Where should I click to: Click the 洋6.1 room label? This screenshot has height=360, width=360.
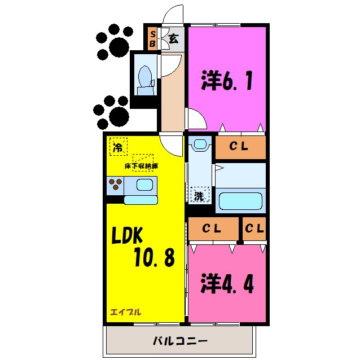point(226,81)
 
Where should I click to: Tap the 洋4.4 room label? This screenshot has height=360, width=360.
point(227,282)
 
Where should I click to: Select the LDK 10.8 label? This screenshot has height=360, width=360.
point(146,248)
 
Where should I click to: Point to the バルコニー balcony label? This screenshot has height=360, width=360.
point(180,342)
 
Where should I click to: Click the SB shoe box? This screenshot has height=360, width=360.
point(152,39)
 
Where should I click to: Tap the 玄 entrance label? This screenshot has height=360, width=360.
point(174,39)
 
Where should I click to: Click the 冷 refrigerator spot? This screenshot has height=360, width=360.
point(118,148)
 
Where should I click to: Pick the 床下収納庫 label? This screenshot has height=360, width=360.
point(141,167)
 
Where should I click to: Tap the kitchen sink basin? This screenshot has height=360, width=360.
point(145,185)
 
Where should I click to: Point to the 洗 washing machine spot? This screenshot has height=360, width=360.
point(199,196)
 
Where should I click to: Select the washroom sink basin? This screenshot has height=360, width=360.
point(198,145)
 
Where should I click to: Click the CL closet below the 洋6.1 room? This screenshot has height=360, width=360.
point(240,147)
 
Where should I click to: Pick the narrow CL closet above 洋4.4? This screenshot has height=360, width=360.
point(254,229)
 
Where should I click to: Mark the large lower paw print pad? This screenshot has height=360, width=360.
point(118,117)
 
